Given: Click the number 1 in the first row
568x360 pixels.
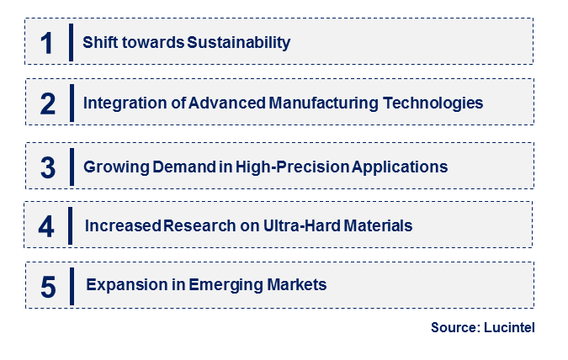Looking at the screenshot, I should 47,42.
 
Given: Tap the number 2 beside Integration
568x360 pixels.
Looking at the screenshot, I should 48,103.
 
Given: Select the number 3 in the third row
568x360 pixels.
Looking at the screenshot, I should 48,167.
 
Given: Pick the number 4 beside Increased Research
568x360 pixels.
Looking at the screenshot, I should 47,227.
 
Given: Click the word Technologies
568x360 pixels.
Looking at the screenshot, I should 435,103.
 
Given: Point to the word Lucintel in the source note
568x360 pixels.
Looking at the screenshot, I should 509,329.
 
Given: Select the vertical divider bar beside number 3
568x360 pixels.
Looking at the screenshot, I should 72,166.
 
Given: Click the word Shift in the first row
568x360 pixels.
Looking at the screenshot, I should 98,41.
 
